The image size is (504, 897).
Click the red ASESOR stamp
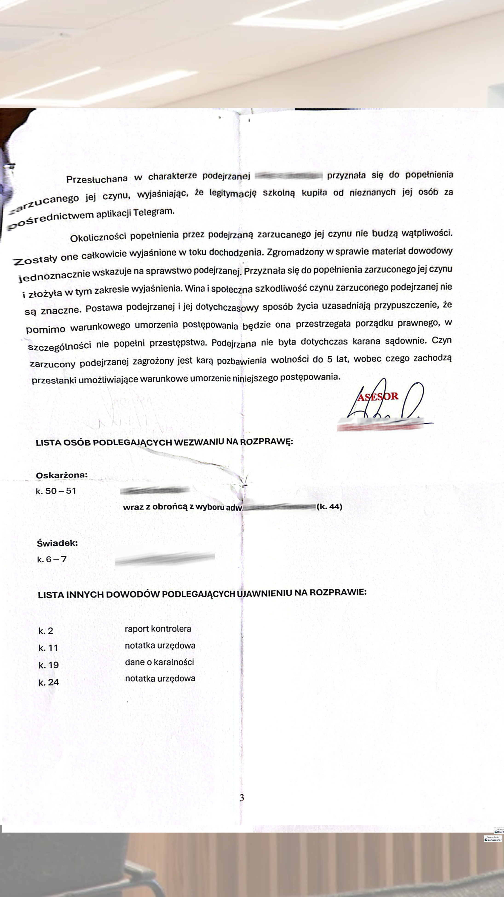[x=378, y=397]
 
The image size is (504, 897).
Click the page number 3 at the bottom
[x=242, y=797]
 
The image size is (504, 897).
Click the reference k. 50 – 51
[x=56, y=491]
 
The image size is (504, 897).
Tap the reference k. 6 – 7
[x=52, y=559]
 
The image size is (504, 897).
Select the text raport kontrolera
[x=158, y=629]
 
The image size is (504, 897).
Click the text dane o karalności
[x=159, y=662]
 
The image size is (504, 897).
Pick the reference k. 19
[x=48, y=665]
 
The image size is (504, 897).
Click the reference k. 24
[x=48, y=682]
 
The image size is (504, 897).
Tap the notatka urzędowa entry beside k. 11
[x=160, y=645]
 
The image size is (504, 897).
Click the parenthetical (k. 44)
[x=329, y=507]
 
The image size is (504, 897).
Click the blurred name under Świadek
[x=164, y=558]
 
